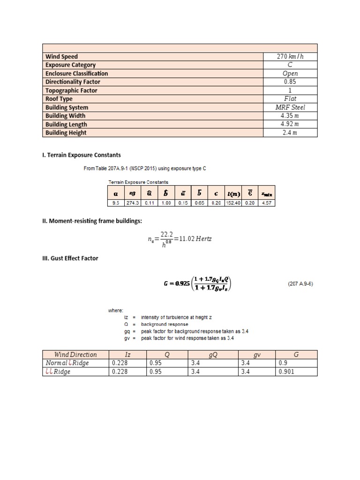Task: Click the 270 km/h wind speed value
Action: [290, 57]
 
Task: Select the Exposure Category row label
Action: [70, 65]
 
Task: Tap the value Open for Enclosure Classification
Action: [290, 74]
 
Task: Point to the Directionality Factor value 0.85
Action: [290, 82]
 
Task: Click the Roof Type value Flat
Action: [290, 99]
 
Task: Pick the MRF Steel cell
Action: [290, 107]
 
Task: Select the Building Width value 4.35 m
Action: [290, 116]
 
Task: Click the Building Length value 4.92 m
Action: [290, 124]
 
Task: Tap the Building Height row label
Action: [66, 133]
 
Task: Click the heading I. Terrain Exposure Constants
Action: [82, 155]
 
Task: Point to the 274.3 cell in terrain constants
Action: [133, 203]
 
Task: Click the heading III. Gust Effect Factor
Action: [70, 258]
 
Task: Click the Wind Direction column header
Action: [75, 355]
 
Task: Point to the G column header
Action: [296, 355]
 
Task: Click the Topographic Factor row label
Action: [71, 90]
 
